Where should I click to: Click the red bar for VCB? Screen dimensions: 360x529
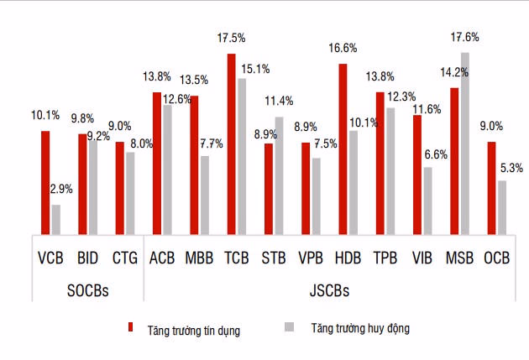(x=45, y=182)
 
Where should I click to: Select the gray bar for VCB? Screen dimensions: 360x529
(x=56, y=219)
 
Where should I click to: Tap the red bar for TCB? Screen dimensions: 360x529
(x=231, y=143)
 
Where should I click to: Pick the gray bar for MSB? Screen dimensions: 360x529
(x=465, y=143)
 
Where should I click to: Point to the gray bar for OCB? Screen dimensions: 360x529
(x=502, y=207)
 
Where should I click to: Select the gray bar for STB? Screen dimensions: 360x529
(x=280, y=175)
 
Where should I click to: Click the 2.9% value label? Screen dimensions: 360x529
(x=60, y=190)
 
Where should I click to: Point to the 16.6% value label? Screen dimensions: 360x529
(x=343, y=49)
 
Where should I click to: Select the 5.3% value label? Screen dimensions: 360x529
(x=510, y=167)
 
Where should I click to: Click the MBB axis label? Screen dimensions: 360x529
(x=198, y=258)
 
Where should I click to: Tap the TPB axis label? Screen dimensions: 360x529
(x=385, y=258)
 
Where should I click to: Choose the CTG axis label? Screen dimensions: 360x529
(x=124, y=258)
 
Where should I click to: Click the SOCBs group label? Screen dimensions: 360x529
(x=87, y=290)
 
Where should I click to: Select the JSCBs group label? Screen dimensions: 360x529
(x=328, y=290)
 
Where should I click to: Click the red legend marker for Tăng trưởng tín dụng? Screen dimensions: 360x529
(x=131, y=328)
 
